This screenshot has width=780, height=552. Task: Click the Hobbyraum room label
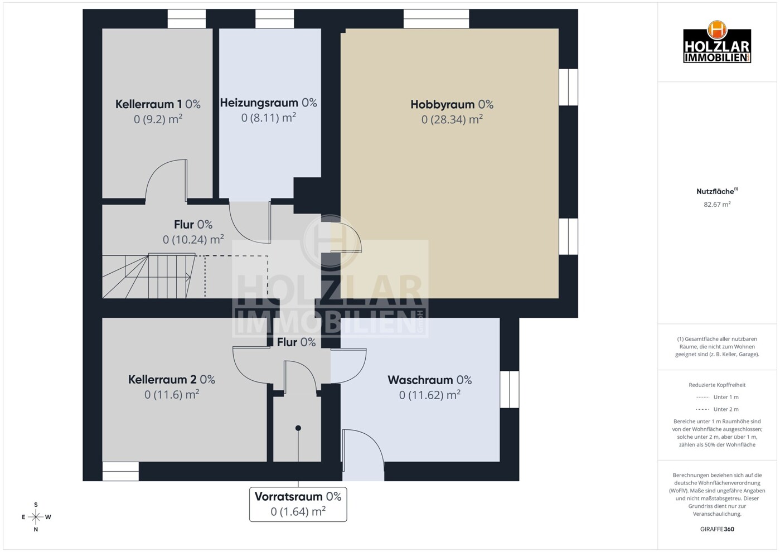pyautogui.click(x=452, y=104)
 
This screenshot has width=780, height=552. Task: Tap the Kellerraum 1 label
pyautogui.click(x=158, y=104)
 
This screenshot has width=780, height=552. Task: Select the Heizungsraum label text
pyautogui.click(x=268, y=103)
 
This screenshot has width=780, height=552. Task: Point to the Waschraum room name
pyautogui.click(x=429, y=380)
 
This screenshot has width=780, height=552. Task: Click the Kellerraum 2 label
pyautogui.click(x=171, y=380)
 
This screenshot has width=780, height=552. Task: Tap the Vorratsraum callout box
pyautogui.click(x=298, y=504)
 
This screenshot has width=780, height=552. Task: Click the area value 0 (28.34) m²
pyautogui.click(x=452, y=119)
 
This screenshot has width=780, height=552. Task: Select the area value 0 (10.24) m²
pyautogui.click(x=193, y=240)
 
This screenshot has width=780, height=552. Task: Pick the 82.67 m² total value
pyautogui.click(x=717, y=205)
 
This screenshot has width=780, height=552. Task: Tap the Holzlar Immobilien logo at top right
pyautogui.click(x=717, y=43)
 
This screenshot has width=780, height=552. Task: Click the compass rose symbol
pyautogui.click(x=36, y=517)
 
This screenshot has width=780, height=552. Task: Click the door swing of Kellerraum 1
pyautogui.click(x=166, y=180)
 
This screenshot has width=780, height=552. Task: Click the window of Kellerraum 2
pyautogui.click(x=120, y=471)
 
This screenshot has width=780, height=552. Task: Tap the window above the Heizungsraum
pyautogui.click(x=274, y=19)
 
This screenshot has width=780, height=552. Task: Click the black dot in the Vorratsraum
pyautogui.click(x=298, y=428)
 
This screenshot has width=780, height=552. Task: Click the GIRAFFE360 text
pyautogui.click(x=717, y=529)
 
